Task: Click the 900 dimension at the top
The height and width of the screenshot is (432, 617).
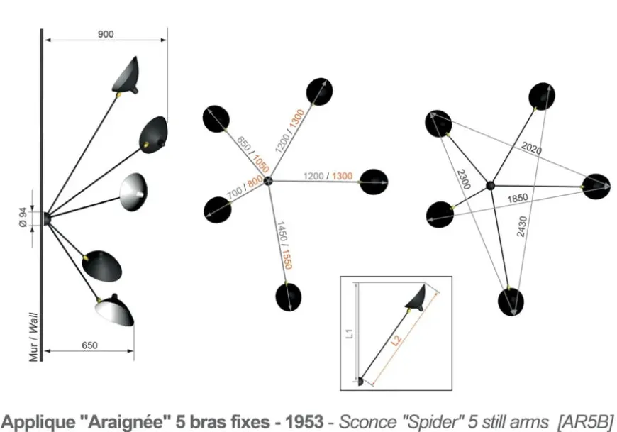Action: coord(106,34)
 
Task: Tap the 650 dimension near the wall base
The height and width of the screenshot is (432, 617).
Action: coord(89,345)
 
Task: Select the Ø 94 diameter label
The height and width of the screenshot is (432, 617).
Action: coord(24,218)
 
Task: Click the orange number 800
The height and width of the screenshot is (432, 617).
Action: coord(254,185)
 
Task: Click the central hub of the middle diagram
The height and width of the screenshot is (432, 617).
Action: coord(268,182)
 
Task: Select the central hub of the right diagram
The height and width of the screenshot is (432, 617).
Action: coord(489,185)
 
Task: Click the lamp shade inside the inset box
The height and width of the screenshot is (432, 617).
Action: coord(416,297)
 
